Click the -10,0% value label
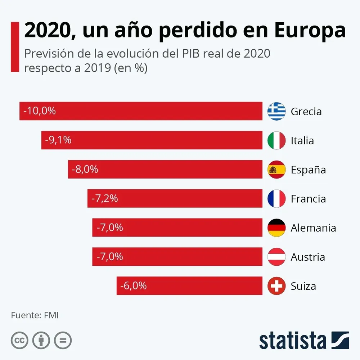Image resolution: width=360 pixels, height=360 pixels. [40, 111]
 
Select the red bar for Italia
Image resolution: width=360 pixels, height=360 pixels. [152, 140]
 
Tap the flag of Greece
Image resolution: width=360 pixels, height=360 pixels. [276, 111]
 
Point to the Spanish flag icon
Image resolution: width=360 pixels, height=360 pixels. [276, 170]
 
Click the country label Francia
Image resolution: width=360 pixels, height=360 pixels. [308, 199]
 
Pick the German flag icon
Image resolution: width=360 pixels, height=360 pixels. [276, 228]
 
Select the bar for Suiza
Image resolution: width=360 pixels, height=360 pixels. [189, 286]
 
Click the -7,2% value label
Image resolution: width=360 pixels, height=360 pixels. [105, 198]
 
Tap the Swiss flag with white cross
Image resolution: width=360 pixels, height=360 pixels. [276, 286]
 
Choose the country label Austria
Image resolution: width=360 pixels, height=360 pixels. [308, 257]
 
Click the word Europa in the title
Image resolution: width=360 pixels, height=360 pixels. [310, 31]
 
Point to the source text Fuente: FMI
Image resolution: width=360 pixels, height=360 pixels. [35, 315]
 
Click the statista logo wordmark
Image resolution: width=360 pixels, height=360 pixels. [292, 340]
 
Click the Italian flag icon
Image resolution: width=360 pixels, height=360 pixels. [276, 140]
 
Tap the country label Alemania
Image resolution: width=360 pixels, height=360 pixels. [313, 228]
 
